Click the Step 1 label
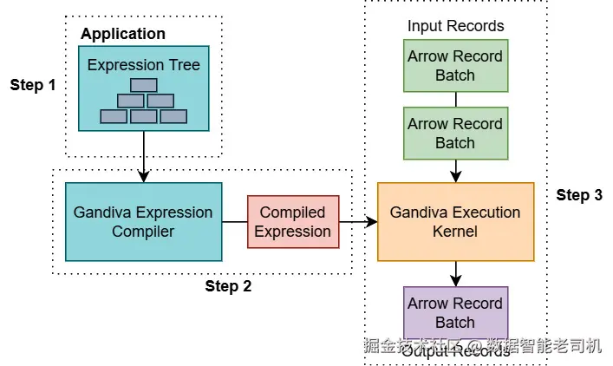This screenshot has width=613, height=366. click(x=33, y=85)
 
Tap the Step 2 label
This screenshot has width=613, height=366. click(x=228, y=286)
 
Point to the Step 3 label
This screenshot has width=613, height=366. click(x=579, y=195)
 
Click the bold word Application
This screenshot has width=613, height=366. click(x=123, y=34)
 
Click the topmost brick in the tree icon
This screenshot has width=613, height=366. click(x=143, y=85)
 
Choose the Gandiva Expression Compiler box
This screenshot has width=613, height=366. click(x=143, y=221)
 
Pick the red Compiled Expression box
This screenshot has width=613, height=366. click(x=292, y=221)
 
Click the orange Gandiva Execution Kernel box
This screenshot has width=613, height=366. click(x=455, y=221)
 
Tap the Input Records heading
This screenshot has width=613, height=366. click(x=455, y=26)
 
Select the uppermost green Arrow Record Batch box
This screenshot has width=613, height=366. click(x=455, y=66)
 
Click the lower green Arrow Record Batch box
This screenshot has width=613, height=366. click(x=455, y=134)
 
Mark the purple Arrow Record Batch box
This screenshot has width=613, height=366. click(x=455, y=312)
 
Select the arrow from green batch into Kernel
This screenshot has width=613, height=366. click(x=455, y=171)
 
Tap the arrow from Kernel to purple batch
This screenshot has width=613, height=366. click(x=455, y=273)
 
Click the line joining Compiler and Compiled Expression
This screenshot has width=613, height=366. click(x=234, y=222)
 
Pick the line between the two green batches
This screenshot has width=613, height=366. click(x=455, y=100)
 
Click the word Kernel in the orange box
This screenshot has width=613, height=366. click(x=455, y=232)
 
